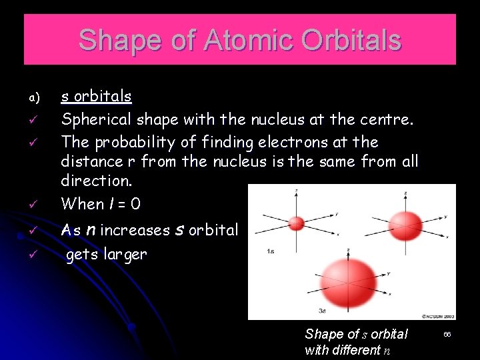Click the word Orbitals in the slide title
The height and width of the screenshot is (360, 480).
click(351, 40)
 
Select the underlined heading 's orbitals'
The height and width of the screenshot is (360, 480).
click(96, 97)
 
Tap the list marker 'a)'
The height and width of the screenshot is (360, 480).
click(35, 99)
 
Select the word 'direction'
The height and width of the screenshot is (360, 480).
click(92, 181)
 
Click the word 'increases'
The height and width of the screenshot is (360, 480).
click(135, 231)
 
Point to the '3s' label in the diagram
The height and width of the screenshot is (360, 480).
click(322, 311)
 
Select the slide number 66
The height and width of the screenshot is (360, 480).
click(447, 333)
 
